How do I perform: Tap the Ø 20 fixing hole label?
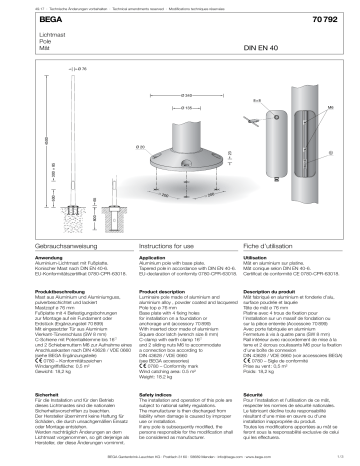coord(143,146)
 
